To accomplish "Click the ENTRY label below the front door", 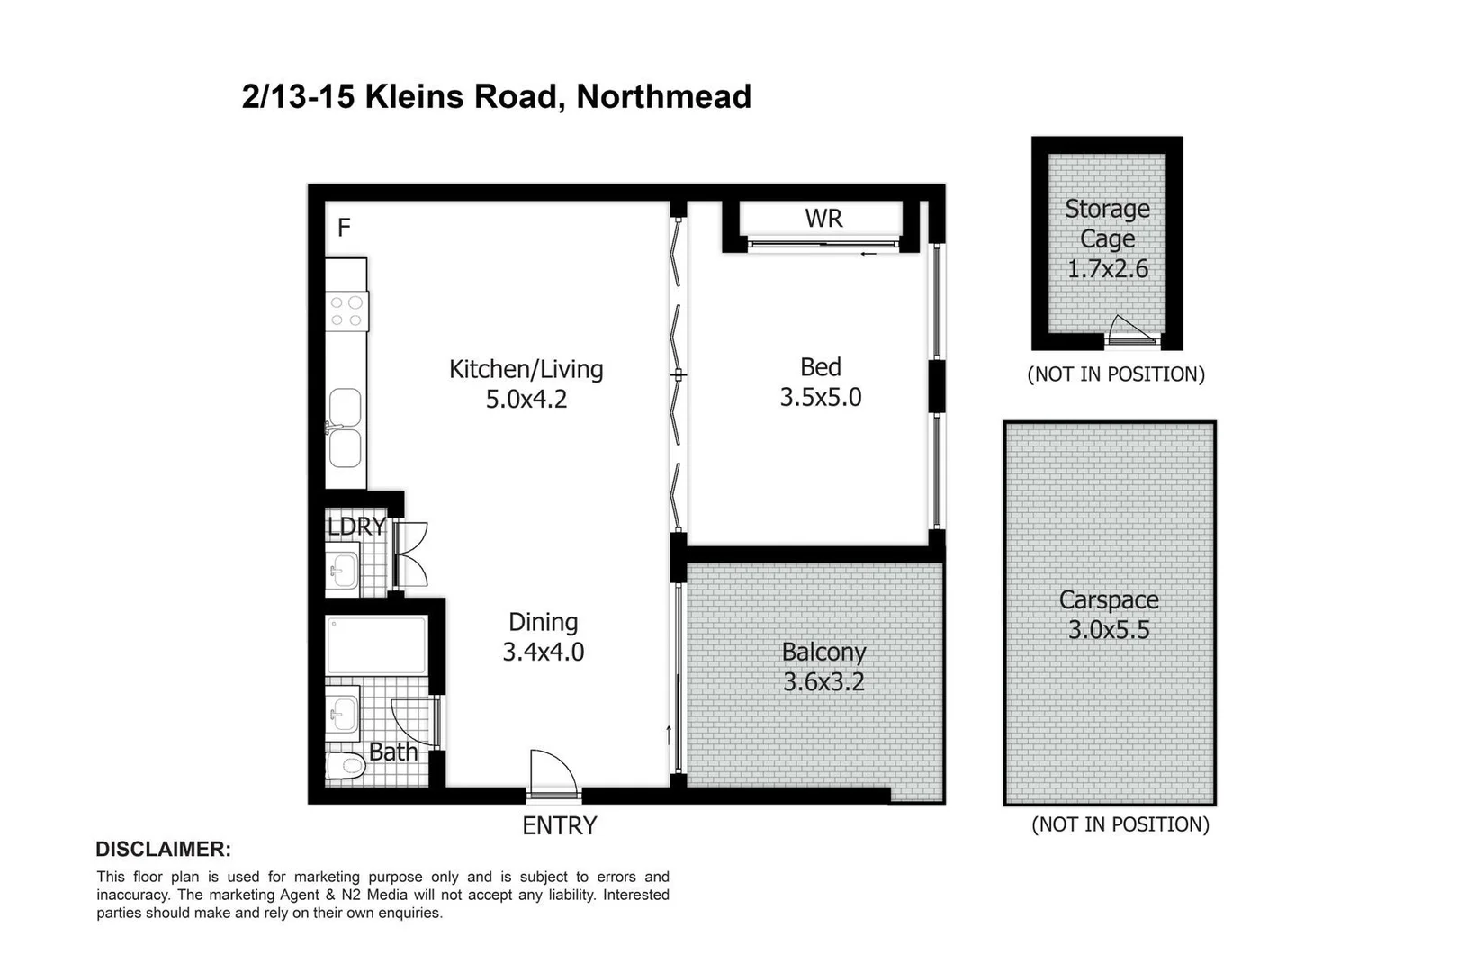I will pyautogui.click(x=559, y=825).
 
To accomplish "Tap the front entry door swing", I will pyautogui.click(x=551, y=773).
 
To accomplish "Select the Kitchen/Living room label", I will pyautogui.click(x=526, y=369).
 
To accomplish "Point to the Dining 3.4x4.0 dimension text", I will pyautogui.click(x=543, y=652).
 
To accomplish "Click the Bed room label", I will pyautogui.click(x=820, y=367).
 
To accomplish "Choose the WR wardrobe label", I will pyautogui.click(x=823, y=219).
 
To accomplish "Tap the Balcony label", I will pyautogui.click(x=823, y=652).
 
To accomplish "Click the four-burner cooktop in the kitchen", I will pyautogui.click(x=346, y=311).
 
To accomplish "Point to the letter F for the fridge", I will pyautogui.click(x=344, y=228).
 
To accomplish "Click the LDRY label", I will pyautogui.click(x=356, y=526).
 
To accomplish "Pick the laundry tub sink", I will pyautogui.click(x=342, y=569).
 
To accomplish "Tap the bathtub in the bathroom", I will pyautogui.click(x=376, y=644).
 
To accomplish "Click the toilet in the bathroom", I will pyautogui.click(x=345, y=767).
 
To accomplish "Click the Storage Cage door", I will pyautogui.click(x=1132, y=331).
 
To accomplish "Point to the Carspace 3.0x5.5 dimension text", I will pyautogui.click(x=1109, y=630).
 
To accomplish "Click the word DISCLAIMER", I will pyautogui.click(x=163, y=849).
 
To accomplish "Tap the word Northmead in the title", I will pyautogui.click(x=663, y=96).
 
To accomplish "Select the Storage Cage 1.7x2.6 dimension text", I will pyautogui.click(x=1107, y=269).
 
